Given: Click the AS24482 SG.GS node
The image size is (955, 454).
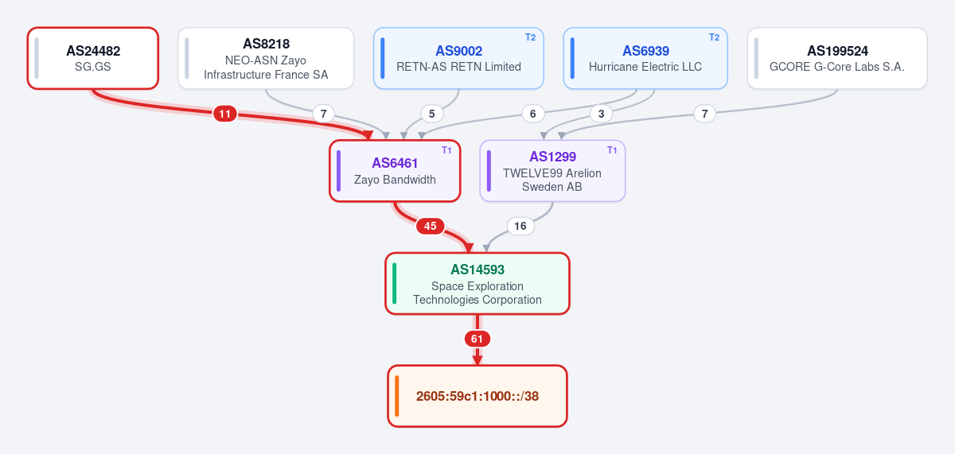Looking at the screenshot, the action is point(93,58).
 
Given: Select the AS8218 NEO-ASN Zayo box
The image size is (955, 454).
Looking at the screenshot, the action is point(266,58).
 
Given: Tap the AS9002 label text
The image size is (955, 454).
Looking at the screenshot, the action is point(458,51).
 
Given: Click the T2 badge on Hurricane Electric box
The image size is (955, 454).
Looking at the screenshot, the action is point(714,37).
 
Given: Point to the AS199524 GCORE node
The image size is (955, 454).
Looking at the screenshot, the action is point(837,58).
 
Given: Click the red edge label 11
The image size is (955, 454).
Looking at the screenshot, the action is point(225,114).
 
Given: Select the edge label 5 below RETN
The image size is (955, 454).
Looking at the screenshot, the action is point(432,114).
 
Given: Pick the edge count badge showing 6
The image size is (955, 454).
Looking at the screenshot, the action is point(533,114).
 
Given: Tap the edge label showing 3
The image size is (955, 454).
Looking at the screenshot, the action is point(601,114).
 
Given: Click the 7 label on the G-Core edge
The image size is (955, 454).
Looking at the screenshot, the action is point(705,114).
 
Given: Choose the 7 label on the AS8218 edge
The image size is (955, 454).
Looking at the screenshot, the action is point(324,114).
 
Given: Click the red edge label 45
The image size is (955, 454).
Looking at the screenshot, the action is point(431,226).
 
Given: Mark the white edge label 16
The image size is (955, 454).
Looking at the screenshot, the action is point(520,226).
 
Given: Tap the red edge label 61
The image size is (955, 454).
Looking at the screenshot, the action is point(477,339).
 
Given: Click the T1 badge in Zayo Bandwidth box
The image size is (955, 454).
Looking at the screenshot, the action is point(446,150).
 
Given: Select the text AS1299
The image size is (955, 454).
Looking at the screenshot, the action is point(552,157).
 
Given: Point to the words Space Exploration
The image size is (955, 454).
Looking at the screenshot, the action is point(477,286).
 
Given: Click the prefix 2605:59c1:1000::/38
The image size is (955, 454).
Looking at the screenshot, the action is point(477,396).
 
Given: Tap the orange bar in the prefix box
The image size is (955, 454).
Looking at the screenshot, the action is point(397,396).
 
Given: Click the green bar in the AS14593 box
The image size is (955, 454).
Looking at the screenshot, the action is point(395,284).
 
